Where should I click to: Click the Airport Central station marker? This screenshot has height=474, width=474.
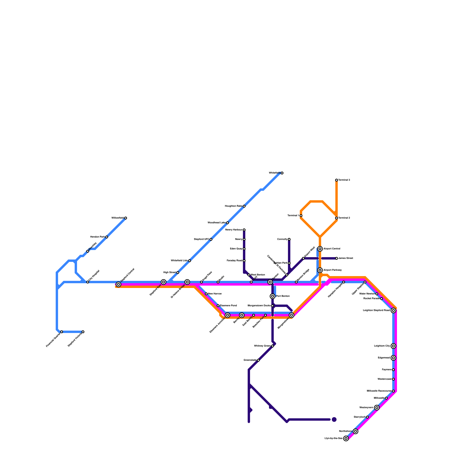320,249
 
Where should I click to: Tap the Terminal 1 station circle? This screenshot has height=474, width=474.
301,216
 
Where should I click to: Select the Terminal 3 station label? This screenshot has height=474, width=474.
344,180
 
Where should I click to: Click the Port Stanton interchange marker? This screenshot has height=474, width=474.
273,296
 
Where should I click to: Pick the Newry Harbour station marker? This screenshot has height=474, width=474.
244,230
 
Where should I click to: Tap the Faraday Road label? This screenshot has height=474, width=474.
234,261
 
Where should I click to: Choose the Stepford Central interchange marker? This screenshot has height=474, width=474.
118,284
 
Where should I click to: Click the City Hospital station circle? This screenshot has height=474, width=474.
88,282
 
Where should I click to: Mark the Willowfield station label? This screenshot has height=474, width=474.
117,218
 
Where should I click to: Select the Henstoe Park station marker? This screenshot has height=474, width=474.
107,237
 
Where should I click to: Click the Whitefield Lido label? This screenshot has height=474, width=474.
179,261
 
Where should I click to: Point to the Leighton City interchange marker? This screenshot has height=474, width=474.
393,346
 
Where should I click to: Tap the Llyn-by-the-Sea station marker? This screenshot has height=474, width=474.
346,438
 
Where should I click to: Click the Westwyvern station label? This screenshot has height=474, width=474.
366,408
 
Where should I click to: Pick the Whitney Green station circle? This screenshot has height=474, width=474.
273,346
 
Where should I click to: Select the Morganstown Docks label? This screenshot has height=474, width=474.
259,306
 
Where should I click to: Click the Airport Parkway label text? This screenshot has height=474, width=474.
333,270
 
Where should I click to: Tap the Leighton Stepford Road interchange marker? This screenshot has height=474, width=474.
393,310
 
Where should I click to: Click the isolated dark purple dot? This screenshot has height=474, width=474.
334,419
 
